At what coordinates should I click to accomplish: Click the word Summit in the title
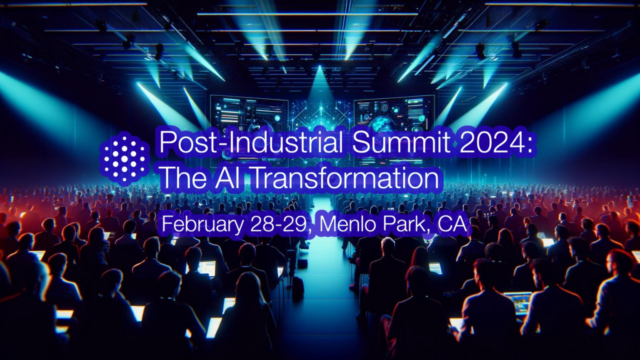(x=401, y=142)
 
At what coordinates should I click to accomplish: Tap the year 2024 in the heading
(x=490, y=142)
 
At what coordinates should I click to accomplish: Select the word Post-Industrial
(x=251, y=142)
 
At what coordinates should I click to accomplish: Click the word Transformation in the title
(x=346, y=178)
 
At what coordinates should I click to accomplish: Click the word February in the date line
(x=203, y=224)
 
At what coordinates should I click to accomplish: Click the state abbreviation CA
(x=452, y=224)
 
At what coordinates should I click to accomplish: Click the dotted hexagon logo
(x=125, y=159)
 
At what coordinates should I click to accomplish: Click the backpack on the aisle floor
(x=297, y=287)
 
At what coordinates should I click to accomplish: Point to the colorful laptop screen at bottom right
(x=518, y=302)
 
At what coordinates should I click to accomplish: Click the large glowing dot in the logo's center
(x=124, y=159)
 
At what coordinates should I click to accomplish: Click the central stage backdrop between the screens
(x=321, y=112)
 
